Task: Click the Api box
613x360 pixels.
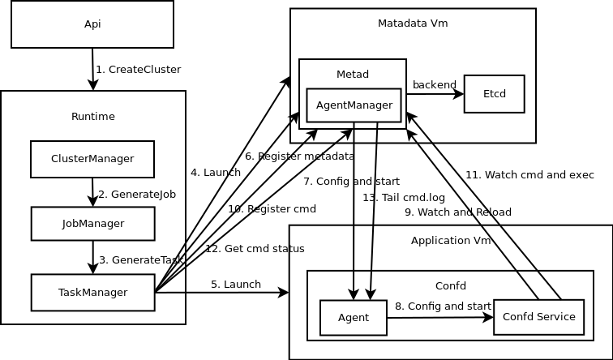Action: pos(92,24)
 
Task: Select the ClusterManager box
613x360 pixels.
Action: pos(92,159)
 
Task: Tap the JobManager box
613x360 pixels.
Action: pos(92,224)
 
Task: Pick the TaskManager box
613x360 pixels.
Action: pos(92,293)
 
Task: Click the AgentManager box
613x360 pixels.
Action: pos(354,105)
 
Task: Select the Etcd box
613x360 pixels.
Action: pos(494,94)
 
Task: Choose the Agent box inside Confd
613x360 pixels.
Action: pos(353,318)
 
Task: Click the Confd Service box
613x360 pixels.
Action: pos(538,317)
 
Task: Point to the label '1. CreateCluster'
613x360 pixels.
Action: pos(138,70)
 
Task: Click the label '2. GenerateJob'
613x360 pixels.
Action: pos(137,195)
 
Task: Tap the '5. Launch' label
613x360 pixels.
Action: pos(236,285)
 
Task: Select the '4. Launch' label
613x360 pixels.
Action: pos(216,173)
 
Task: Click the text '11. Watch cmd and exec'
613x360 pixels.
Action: pos(529,175)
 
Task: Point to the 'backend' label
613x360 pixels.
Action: pos(435,85)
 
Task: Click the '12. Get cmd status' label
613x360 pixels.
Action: pos(255,249)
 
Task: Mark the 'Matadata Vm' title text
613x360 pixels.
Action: pos(413,24)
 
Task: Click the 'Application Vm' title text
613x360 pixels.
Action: pos(451,241)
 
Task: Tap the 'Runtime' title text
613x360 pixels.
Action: pos(93,117)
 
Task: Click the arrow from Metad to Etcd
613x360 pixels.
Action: pos(435,94)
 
